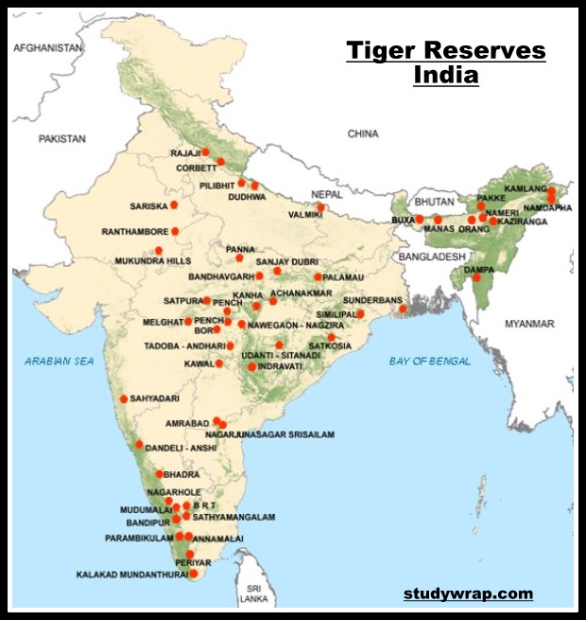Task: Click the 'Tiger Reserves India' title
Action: [445, 62]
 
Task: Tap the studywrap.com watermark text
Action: [468, 594]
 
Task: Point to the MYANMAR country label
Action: [530, 324]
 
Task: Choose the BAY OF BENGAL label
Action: [429, 362]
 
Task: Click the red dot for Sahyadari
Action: [123, 399]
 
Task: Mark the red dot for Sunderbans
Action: [403, 309]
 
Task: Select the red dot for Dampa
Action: [476, 277]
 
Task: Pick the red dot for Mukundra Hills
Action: [159, 251]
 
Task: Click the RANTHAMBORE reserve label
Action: [138, 231]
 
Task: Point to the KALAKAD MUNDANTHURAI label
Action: [131, 575]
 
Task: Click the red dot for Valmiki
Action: [321, 207]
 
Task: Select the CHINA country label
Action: [362, 134]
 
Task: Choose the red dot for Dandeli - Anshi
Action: [139, 444]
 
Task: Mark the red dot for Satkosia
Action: [331, 337]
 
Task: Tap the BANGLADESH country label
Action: [432, 257]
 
